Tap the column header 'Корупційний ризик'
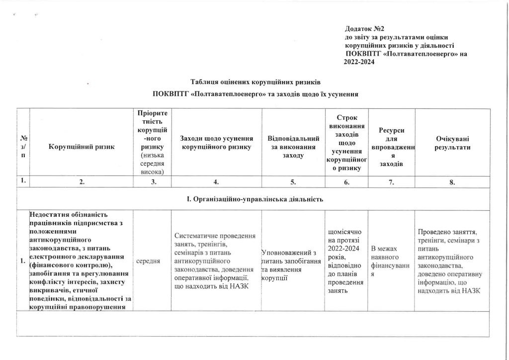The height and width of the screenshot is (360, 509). (x=82, y=146)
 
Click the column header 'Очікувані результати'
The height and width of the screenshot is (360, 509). (x=451, y=142)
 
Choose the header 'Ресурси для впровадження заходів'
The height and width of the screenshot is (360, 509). (x=391, y=146)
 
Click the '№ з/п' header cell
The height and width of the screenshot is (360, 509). (x=23, y=146)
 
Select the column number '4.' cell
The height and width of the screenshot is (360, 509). (x=216, y=182)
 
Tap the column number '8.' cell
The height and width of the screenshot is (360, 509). (x=451, y=182)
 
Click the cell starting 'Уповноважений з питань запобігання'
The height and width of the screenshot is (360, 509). (x=293, y=262)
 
